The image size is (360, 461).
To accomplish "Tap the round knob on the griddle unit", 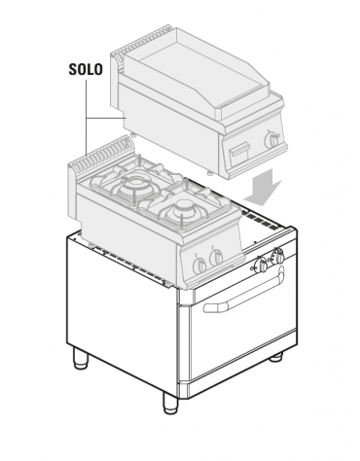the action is [273, 141].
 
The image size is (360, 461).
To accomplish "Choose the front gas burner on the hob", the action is [180, 207].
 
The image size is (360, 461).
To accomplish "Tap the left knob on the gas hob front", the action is [199, 263].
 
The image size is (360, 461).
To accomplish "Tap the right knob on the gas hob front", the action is [217, 257].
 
